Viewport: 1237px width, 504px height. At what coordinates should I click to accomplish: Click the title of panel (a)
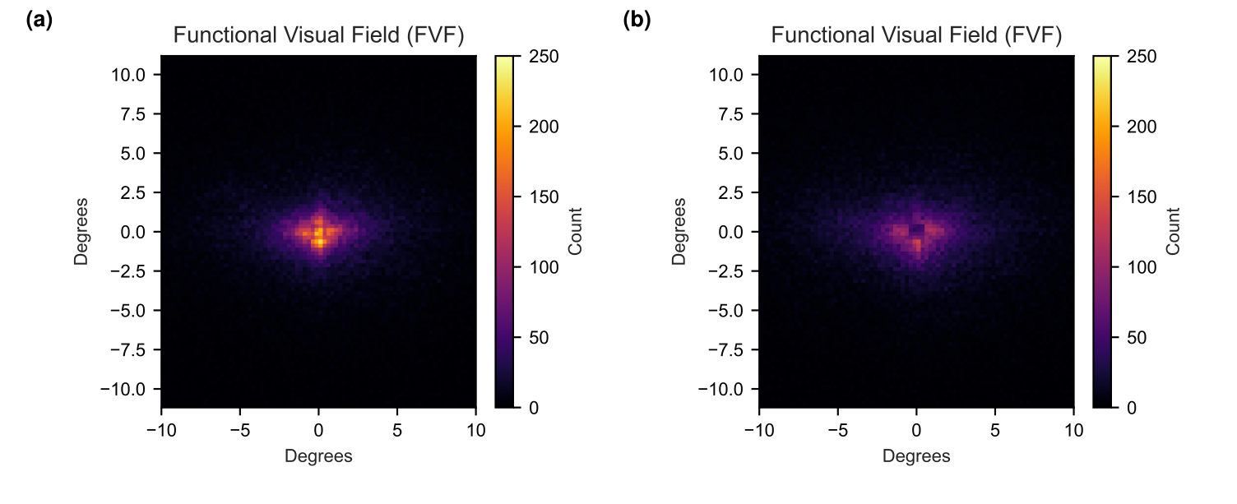point(318,36)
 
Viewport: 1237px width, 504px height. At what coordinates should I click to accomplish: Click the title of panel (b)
point(916,36)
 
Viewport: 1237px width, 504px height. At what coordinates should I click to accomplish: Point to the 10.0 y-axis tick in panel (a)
point(129,75)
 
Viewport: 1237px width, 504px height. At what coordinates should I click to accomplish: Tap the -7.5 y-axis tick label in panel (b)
point(725,349)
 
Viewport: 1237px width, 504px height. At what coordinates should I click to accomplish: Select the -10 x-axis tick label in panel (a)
point(161,430)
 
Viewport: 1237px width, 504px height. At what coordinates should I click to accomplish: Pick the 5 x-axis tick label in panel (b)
point(995,430)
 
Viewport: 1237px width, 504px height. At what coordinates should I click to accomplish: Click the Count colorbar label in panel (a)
point(574,231)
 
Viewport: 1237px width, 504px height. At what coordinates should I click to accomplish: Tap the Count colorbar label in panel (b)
point(1172,231)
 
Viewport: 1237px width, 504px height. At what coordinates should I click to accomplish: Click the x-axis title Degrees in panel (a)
point(318,455)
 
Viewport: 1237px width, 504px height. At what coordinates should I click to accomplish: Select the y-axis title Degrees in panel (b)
point(679,231)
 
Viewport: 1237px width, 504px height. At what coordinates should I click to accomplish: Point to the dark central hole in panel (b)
point(916,229)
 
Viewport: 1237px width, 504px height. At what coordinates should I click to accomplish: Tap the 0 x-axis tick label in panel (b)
point(916,430)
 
